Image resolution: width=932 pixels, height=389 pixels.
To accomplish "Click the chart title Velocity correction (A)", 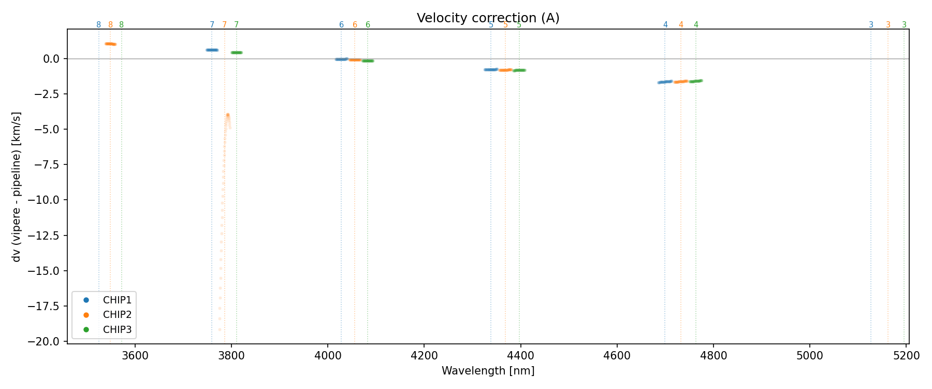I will click(x=488, y=18).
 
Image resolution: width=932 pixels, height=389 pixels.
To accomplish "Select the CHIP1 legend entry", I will click(x=117, y=300).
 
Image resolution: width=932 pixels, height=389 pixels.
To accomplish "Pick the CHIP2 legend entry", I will click(x=117, y=314).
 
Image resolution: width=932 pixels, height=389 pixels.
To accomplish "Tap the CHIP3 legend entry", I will click(x=117, y=329).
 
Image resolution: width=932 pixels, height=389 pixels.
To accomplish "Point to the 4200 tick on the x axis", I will click(x=424, y=356).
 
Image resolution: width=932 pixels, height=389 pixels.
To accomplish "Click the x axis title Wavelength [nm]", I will click(x=488, y=371).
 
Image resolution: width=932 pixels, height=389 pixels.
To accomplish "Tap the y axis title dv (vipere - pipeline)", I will click(x=17, y=187).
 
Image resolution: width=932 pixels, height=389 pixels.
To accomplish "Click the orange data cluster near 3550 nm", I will click(x=110, y=44).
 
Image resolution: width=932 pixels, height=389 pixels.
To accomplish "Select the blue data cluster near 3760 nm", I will click(x=212, y=50).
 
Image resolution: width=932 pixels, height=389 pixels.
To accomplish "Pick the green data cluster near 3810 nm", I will click(x=237, y=52).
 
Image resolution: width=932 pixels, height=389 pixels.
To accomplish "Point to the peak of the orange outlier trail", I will click(x=227, y=115).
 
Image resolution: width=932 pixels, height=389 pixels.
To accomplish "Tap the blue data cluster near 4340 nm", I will click(x=490, y=70).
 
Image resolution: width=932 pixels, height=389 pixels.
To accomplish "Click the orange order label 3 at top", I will click(x=888, y=25).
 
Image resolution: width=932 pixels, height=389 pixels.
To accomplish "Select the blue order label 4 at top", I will click(x=665, y=25).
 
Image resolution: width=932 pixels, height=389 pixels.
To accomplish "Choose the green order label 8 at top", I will click(x=122, y=25).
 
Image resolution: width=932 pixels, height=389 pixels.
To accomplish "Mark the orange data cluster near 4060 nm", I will click(x=355, y=60).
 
